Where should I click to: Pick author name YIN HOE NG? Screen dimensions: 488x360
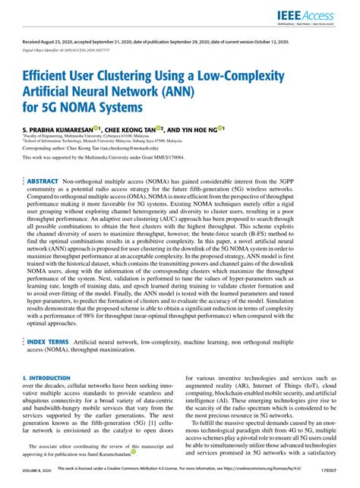click(x=197, y=130)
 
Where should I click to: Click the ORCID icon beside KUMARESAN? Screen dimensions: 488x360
click(x=96, y=128)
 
